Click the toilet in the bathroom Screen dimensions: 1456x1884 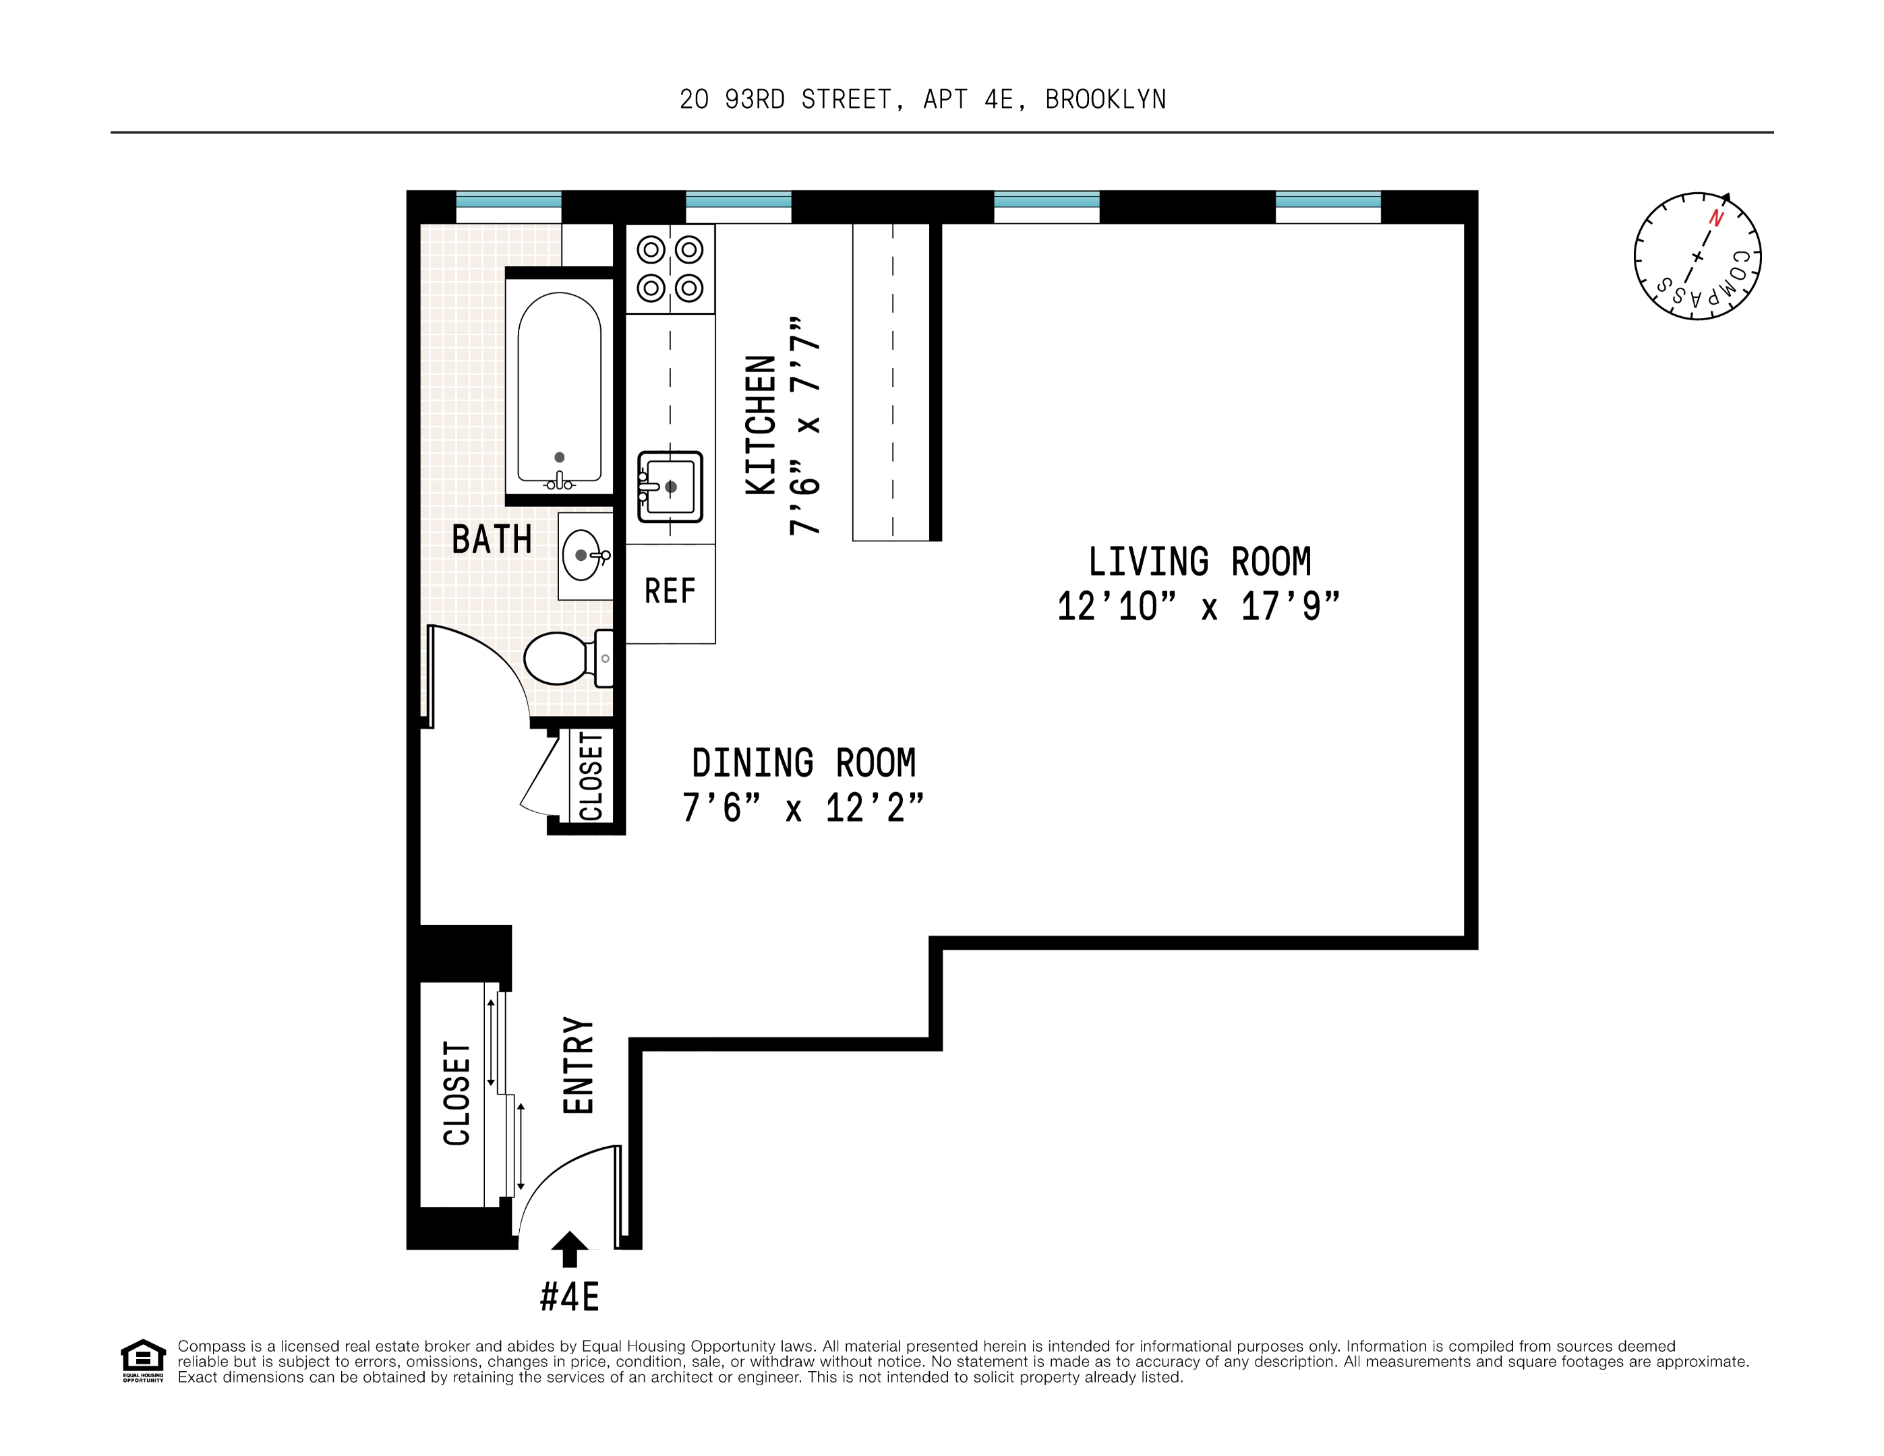click(x=565, y=658)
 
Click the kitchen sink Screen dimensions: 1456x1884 click(x=670, y=487)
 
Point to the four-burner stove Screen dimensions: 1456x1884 click(x=670, y=269)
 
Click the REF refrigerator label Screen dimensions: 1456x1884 click(x=670, y=592)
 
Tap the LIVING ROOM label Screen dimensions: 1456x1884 click(x=1199, y=562)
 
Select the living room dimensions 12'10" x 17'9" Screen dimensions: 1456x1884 click(x=1199, y=607)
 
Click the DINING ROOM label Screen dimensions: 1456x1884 click(x=803, y=763)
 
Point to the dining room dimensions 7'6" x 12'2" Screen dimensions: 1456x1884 click(x=803, y=808)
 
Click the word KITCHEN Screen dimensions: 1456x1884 click(x=761, y=425)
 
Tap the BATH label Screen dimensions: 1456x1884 click(x=492, y=540)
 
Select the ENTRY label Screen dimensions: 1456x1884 click(x=578, y=1065)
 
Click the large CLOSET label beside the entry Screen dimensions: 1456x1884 click(x=457, y=1094)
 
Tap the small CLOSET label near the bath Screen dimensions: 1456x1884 click(x=591, y=777)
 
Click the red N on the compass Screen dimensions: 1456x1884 click(x=1716, y=218)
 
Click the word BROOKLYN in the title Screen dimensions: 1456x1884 click(x=1105, y=100)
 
